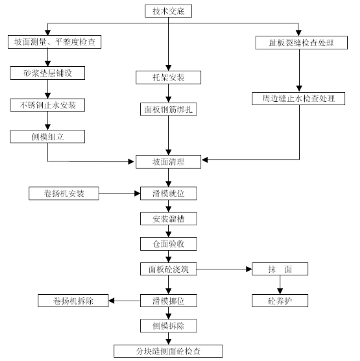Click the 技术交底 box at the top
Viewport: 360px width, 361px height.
(x=168, y=11)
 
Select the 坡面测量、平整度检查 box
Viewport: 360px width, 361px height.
(x=54, y=42)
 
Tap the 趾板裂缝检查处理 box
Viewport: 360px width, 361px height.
(x=302, y=43)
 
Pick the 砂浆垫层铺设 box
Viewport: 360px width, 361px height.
(x=47, y=73)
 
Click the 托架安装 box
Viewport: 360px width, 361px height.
(x=168, y=77)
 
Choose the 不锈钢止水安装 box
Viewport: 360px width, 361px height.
(x=47, y=105)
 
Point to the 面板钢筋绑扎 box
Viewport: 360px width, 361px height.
(x=169, y=109)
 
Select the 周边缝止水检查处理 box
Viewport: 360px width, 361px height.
(x=298, y=99)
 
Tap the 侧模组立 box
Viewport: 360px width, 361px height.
(x=47, y=136)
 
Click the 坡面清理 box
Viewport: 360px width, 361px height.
(x=168, y=162)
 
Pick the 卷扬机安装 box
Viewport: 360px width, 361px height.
(x=64, y=193)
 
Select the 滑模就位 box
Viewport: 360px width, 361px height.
(x=169, y=193)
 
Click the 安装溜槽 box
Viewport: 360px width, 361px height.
(x=169, y=219)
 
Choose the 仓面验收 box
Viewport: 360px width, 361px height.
(x=169, y=244)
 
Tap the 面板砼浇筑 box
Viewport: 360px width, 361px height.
(x=169, y=269)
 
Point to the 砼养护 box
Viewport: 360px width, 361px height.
(x=280, y=301)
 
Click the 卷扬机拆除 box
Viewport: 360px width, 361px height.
(x=73, y=301)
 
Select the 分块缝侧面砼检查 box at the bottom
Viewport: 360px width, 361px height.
(x=168, y=351)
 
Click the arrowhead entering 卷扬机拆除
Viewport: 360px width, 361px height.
(x=112, y=301)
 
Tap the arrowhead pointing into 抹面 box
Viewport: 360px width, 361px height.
(x=249, y=269)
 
